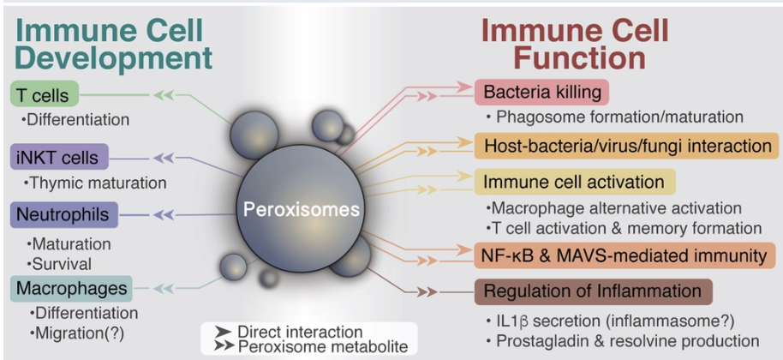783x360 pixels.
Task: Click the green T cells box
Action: [41, 95]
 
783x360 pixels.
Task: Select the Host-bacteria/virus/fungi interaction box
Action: [626, 145]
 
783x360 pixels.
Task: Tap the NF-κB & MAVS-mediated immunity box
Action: [625, 255]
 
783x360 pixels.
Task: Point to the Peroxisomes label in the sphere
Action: [300, 209]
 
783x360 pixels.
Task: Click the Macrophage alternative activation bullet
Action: [612, 208]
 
